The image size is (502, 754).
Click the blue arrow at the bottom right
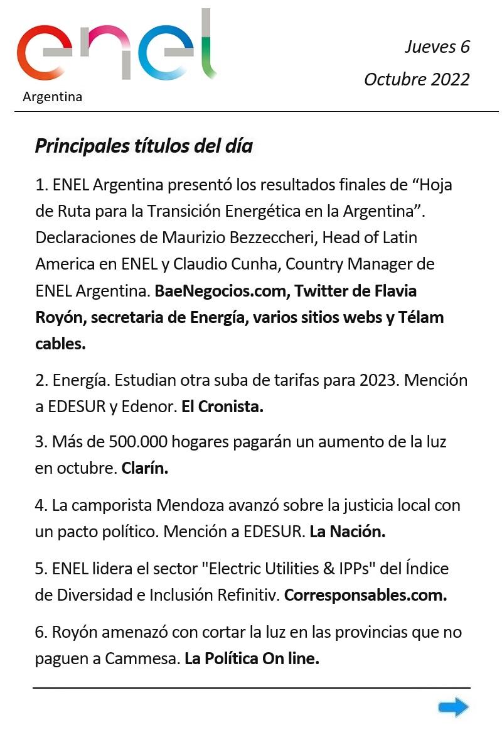(x=453, y=708)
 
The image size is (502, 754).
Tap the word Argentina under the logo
(x=52, y=97)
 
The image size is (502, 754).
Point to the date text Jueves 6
(x=437, y=46)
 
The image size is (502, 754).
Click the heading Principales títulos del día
(x=144, y=146)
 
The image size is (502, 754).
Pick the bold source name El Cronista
(x=222, y=407)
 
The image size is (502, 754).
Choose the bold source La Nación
(x=347, y=532)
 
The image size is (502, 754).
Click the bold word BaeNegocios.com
(x=222, y=292)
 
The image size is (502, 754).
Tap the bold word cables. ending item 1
(x=60, y=344)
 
